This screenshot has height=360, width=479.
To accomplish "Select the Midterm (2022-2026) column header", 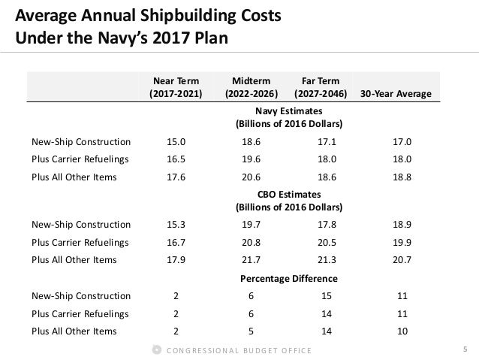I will (252, 87).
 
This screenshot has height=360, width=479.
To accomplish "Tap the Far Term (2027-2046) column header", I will (324, 87).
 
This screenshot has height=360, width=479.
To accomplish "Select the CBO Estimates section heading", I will (289, 201).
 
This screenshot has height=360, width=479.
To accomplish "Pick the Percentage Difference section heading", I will (289, 278).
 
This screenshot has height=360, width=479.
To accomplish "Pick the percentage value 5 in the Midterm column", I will (252, 331).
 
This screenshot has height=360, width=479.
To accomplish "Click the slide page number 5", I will (465, 349).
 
